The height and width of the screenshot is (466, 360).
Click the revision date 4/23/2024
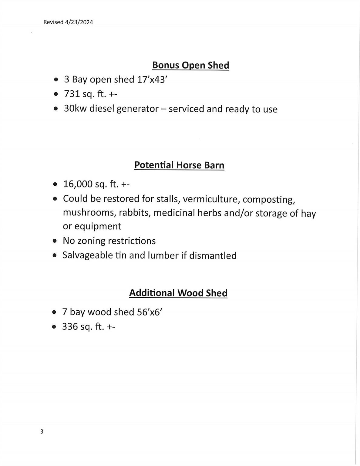pyautogui.click(x=79, y=22)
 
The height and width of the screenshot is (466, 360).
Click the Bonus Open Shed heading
pyautogui.click(x=190, y=65)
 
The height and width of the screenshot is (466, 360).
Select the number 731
pyautogui.click(x=72, y=94)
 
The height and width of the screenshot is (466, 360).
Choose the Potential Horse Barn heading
pyautogui.click(x=179, y=165)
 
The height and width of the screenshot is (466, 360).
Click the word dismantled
pyautogui.click(x=213, y=255)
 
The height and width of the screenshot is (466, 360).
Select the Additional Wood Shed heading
pyautogui.click(x=178, y=293)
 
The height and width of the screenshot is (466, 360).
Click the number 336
pyautogui.click(x=70, y=326)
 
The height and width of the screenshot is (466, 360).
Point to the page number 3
pyautogui.click(x=42, y=431)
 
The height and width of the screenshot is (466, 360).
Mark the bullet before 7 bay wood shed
pyautogui.click(x=54, y=312)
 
